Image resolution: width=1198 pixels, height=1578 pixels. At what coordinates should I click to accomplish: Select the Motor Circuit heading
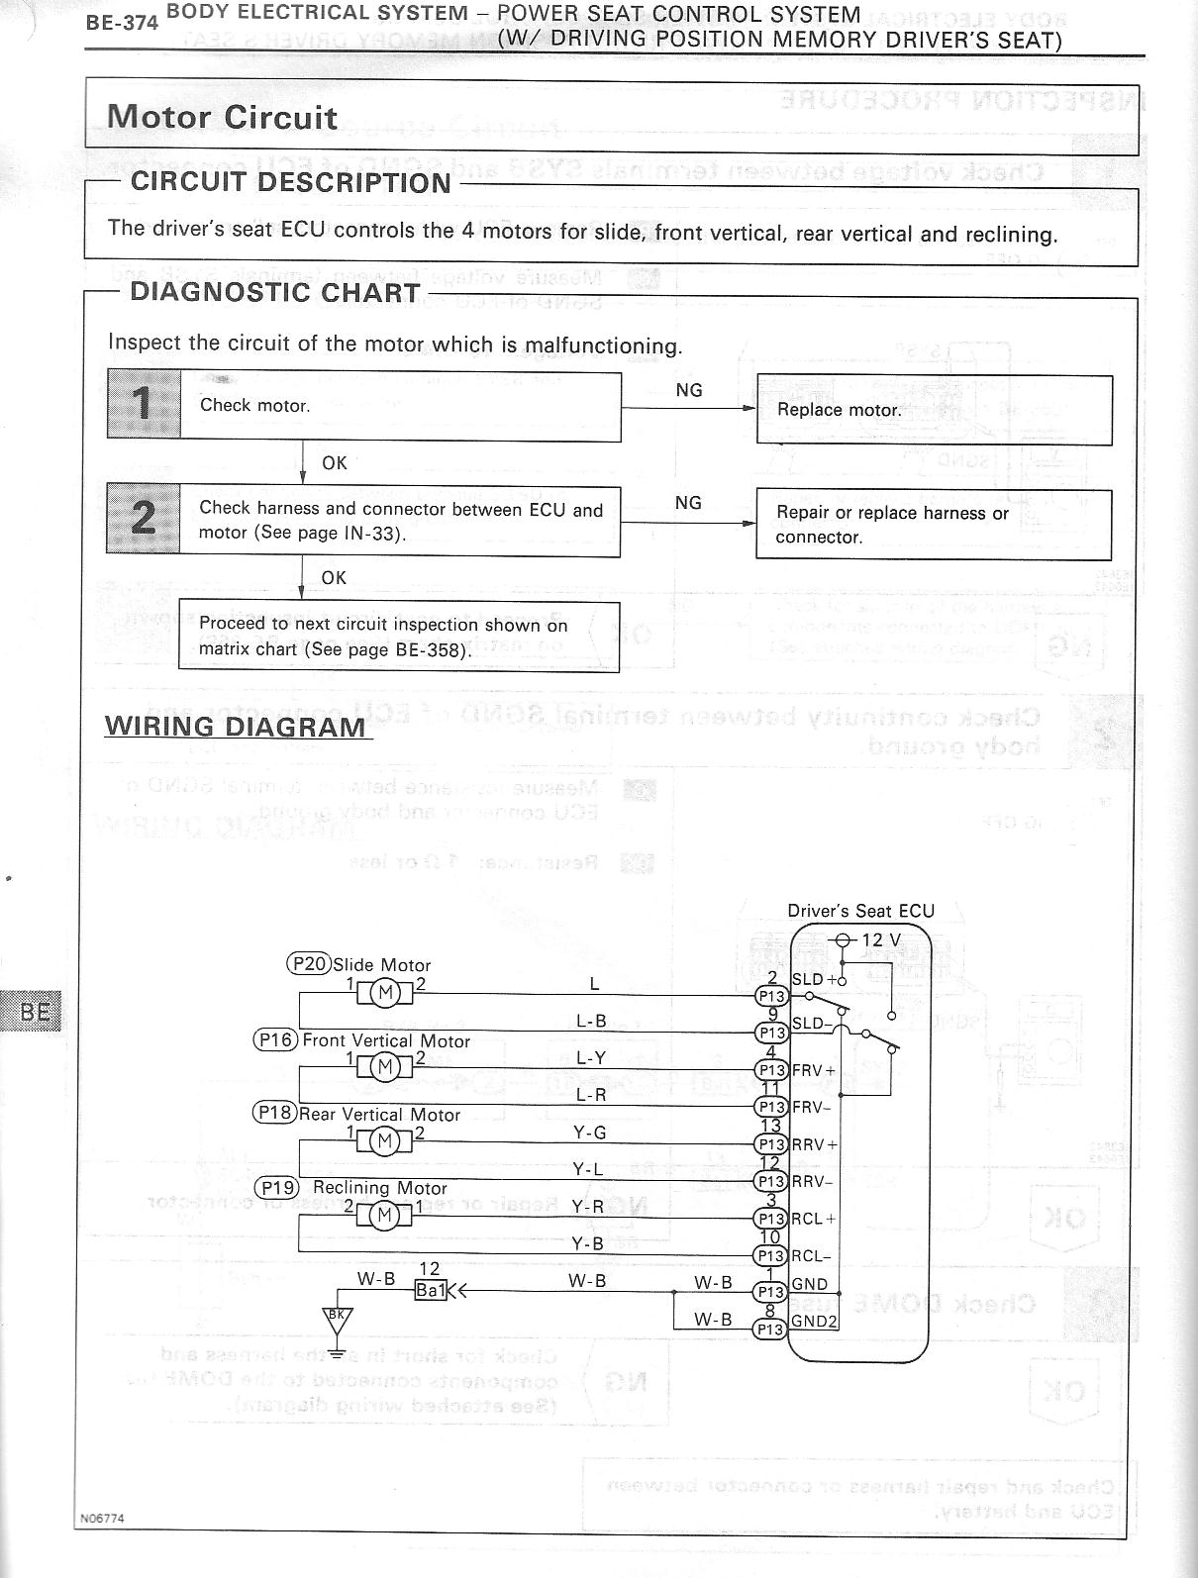(x=222, y=117)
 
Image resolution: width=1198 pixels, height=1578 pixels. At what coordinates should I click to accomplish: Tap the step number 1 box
(x=144, y=404)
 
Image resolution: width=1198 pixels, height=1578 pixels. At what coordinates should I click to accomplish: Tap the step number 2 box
(x=144, y=519)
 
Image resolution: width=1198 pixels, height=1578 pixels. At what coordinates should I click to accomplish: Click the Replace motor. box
(x=934, y=410)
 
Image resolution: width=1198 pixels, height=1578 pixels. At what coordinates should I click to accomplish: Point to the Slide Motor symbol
(x=385, y=992)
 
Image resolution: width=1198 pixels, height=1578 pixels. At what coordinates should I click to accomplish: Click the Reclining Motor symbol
(x=385, y=1215)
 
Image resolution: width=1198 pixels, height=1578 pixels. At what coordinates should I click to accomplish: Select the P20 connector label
(x=308, y=963)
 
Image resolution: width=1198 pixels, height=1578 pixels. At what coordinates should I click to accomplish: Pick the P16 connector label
(x=276, y=1039)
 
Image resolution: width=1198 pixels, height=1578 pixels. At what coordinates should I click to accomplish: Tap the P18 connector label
(x=275, y=1113)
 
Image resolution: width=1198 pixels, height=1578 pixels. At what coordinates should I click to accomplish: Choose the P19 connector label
(x=276, y=1187)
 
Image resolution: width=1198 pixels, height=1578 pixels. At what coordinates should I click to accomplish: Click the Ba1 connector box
(x=431, y=1290)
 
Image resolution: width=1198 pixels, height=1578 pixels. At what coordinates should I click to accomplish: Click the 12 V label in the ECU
(x=881, y=939)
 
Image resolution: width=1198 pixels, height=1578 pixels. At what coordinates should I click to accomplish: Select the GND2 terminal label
(x=815, y=1322)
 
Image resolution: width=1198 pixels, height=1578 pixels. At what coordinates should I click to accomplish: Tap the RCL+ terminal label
(x=813, y=1219)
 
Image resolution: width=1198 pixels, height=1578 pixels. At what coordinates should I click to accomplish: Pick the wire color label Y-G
(x=590, y=1133)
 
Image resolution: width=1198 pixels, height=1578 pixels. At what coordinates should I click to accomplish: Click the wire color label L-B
(x=591, y=1021)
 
